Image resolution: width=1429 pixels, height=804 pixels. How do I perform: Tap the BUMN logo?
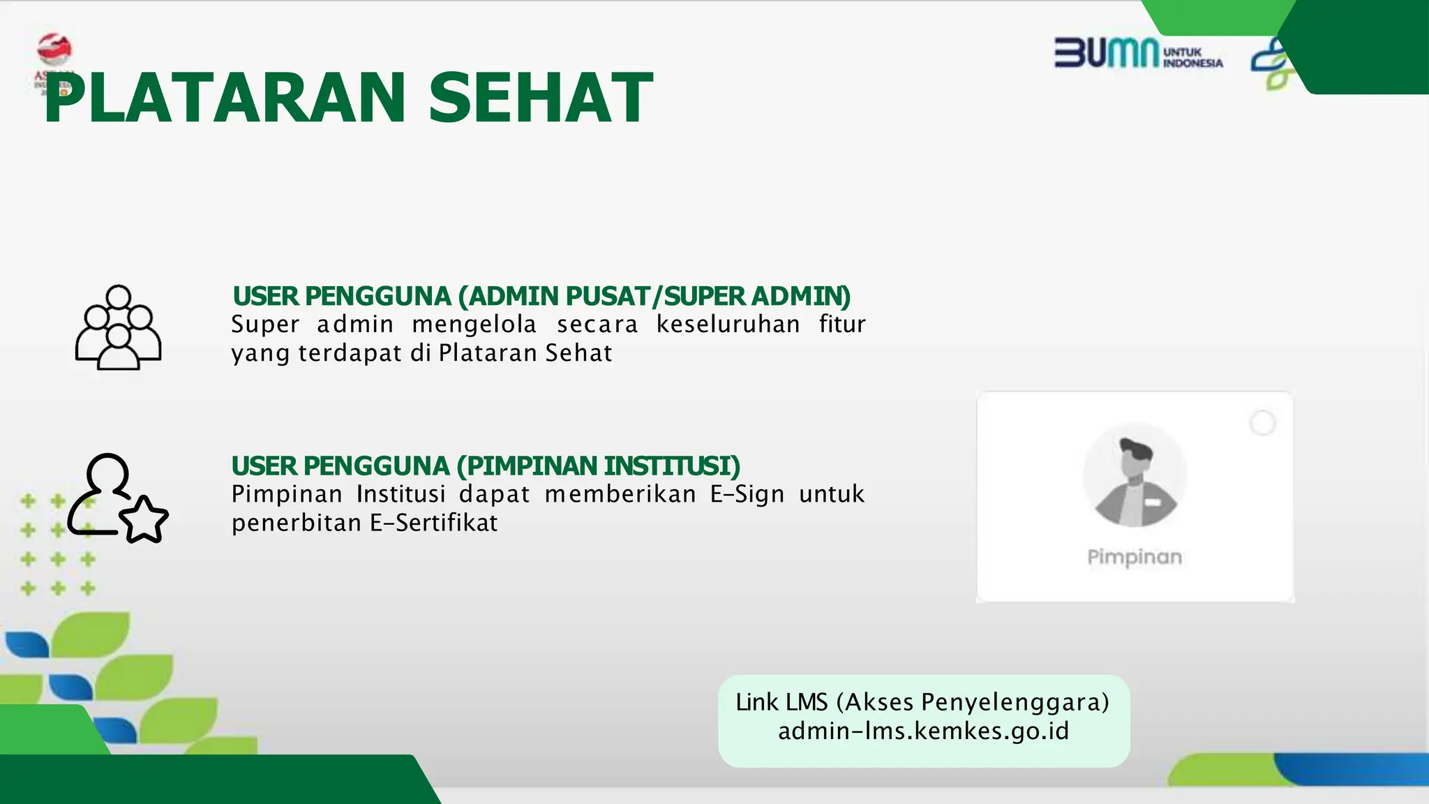[x=1106, y=53]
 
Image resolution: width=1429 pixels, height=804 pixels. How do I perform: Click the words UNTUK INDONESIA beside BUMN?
[x=1192, y=58]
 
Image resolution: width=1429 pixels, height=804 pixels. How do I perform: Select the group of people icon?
[x=118, y=327]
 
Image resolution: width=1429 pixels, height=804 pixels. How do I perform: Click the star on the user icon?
[x=144, y=520]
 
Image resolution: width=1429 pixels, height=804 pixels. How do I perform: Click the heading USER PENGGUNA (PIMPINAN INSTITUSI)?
[x=486, y=466]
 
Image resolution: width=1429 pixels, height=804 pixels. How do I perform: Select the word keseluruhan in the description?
[x=728, y=325]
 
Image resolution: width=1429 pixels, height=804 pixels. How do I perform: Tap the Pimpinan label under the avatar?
[x=1135, y=557]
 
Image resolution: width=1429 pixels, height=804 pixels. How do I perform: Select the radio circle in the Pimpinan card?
[x=1262, y=423]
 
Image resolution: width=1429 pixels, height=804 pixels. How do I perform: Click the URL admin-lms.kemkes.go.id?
[x=923, y=731]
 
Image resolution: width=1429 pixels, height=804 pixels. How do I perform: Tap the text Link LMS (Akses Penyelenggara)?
[x=922, y=702]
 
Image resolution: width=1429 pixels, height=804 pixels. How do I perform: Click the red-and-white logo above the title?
[x=54, y=50]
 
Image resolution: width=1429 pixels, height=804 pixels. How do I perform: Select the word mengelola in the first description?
[x=474, y=325]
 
